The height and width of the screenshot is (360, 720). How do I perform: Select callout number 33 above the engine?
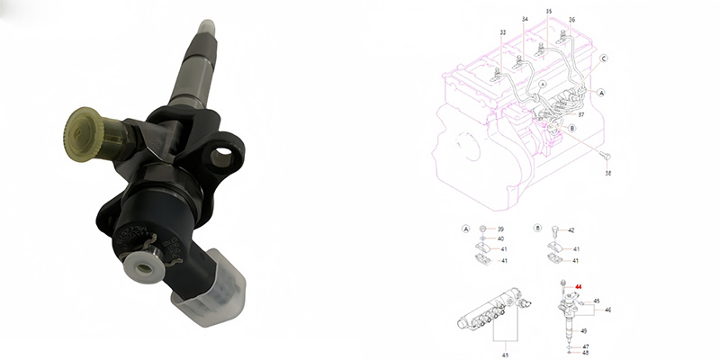pos(501,32)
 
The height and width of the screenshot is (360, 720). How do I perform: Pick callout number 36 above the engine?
pos(571,20)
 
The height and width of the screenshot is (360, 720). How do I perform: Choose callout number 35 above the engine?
pos(549,11)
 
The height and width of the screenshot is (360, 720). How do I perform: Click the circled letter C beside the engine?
pos(604,58)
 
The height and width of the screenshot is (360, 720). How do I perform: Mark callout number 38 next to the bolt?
pos(607,172)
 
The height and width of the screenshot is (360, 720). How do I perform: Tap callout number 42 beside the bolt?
pos(571,230)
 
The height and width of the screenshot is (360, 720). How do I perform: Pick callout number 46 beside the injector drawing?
pos(607,310)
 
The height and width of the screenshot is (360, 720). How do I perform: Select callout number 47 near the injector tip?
pos(585,346)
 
